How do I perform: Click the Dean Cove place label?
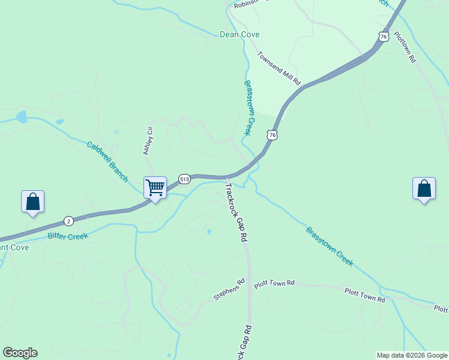point(240,34)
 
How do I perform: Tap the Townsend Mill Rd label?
point(279,68)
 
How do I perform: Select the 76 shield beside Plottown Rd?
point(383,37)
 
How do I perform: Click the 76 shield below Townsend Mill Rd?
point(273,136)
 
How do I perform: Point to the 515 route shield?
point(184,179)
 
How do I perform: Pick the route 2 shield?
point(68,221)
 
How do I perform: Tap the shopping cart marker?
point(155,188)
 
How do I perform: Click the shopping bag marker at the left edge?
point(32,202)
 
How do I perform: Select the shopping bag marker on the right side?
point(424,188)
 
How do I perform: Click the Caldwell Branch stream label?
point(107,161)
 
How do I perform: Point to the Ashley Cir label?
point(148,141)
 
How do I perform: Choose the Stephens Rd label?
point(230,290)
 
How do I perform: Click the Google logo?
point(20,353)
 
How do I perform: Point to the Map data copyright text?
point(411,355)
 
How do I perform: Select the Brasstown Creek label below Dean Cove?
point(250,108)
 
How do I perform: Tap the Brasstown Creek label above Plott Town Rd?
point(329,246)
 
